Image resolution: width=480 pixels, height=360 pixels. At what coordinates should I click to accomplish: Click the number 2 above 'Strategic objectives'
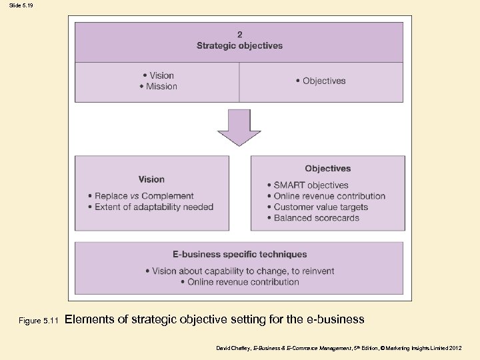click(239, 35)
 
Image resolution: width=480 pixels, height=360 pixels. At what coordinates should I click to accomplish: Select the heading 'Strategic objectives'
click(239, 45)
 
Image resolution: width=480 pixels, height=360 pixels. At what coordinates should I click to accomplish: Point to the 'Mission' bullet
click(161, 86)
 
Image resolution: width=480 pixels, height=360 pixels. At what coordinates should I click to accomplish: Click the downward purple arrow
click(239, 127)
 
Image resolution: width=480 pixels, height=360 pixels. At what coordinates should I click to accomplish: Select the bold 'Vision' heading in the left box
click(151, 179)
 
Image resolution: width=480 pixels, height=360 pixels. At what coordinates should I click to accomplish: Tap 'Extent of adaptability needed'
click(153, 207)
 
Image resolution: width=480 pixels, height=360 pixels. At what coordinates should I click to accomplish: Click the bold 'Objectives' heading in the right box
click(327, 169)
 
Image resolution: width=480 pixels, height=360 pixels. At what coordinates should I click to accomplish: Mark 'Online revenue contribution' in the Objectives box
click(329, 196)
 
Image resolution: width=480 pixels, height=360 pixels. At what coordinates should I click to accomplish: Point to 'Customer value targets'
click(321, 207)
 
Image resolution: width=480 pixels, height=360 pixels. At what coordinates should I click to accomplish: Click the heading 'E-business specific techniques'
click(239, 254)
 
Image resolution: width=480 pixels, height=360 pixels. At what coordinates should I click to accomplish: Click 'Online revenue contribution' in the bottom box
click(243, 282)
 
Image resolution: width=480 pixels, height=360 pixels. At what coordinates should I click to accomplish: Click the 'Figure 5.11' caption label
click(39, 321)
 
